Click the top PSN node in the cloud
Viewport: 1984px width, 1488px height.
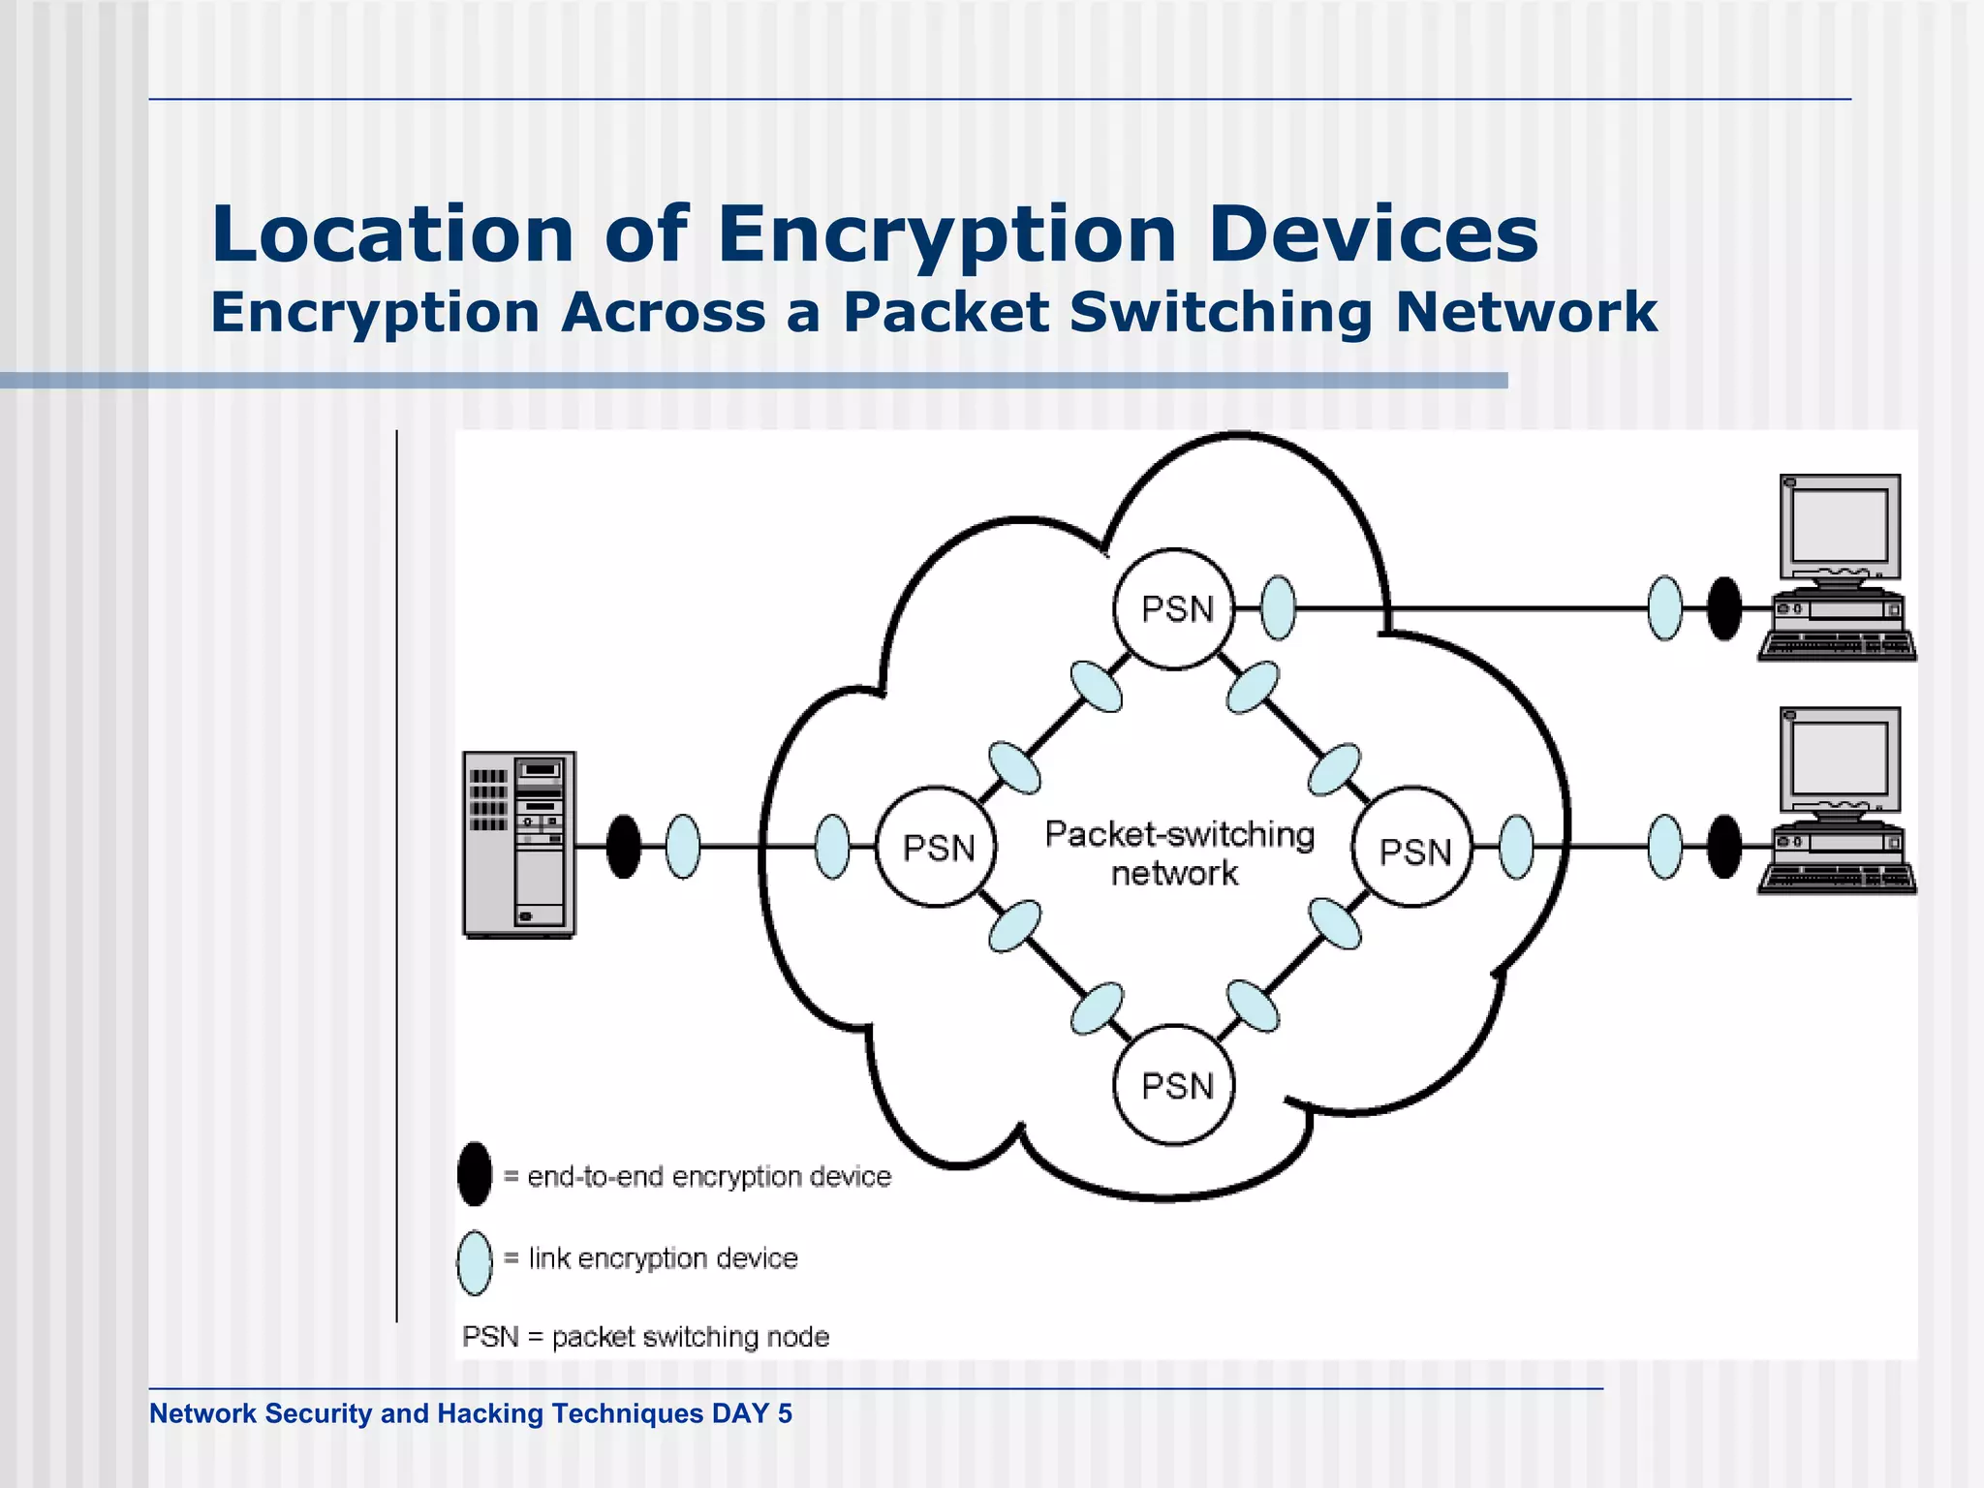tap(1175, 608)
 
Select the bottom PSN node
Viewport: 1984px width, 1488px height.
tap(1175, 1085)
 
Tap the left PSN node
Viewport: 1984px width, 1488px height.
tap(936, 847)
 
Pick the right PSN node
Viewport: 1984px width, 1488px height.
tap(1413, 849)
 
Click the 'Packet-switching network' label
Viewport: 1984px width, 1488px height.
tap(1178, 852)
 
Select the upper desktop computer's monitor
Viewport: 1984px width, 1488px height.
tap(1839, 528)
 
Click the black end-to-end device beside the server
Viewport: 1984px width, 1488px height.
tap(624, 847)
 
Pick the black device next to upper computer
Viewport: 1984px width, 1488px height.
tap(1724, 608)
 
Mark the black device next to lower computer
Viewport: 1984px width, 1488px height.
tap(1724, 847)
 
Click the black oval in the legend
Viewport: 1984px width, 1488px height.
tap(475, 1174)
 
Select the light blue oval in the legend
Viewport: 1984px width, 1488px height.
tap(475, 1262)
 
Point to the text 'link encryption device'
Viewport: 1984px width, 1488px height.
tap(664, 1258)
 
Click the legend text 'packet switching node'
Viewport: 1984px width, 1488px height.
tap(690, 1337)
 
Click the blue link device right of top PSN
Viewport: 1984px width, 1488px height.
tap(1279, 608)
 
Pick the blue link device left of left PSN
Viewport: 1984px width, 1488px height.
tap(832, 847)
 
